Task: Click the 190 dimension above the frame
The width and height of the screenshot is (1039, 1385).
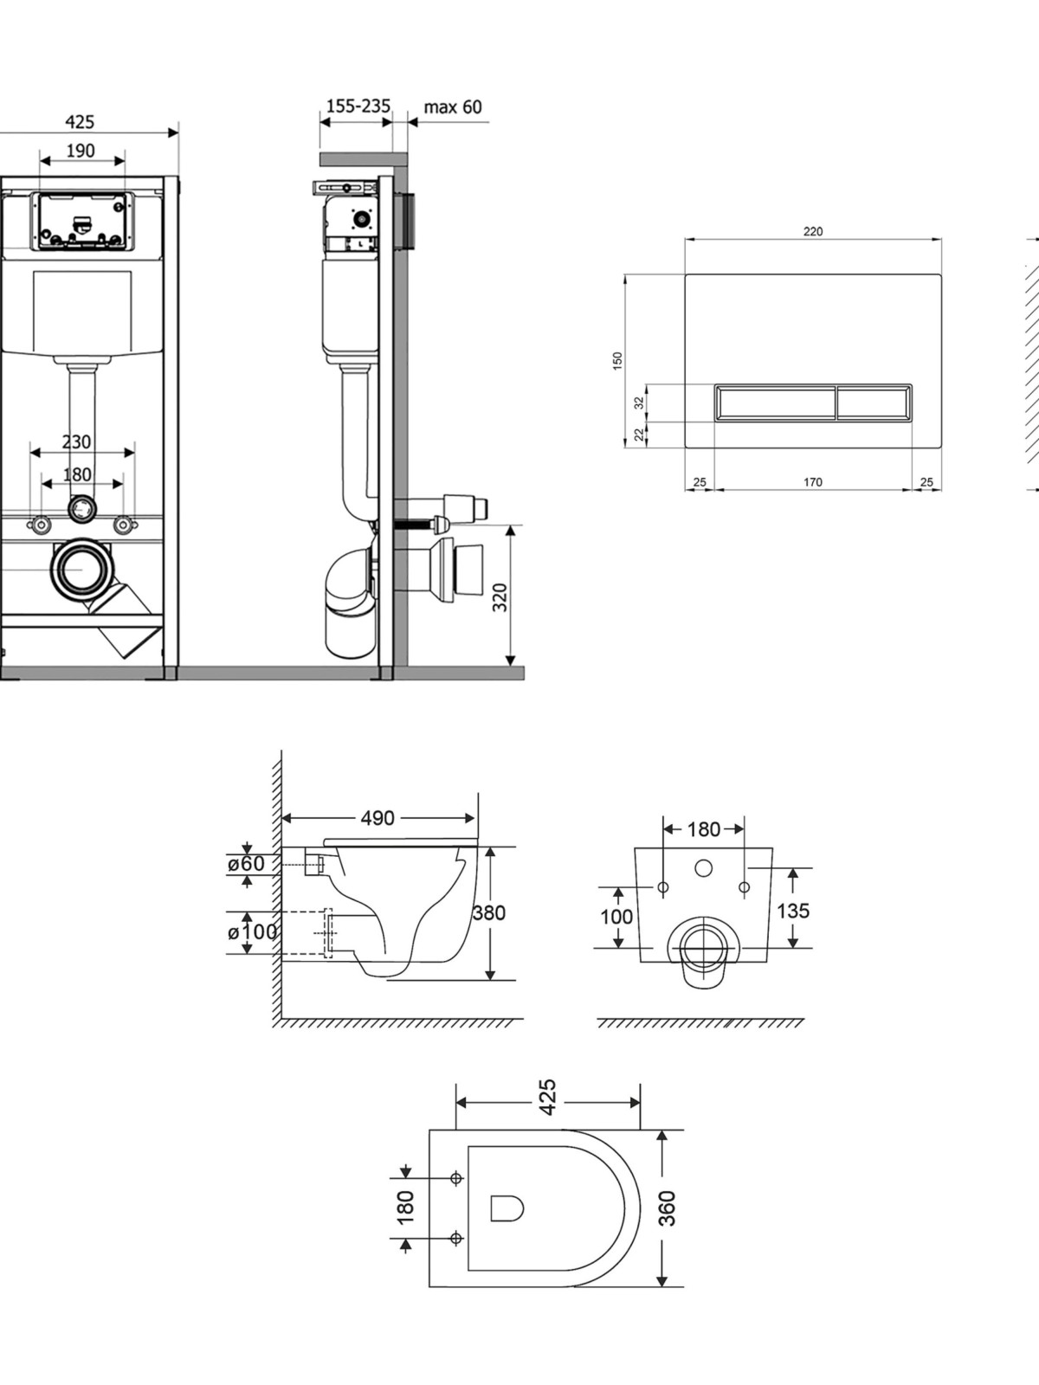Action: [x=81, y=151]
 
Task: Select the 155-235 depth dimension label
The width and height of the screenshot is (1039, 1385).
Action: [x=358, y=106]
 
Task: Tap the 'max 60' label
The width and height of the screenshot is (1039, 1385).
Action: [x=453, y=107]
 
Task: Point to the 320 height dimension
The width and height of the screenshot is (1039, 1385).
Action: [x=500, y=597]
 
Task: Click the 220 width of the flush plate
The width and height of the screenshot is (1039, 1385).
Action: [x=813, y=232]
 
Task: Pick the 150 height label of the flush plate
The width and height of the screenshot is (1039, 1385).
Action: [x=617, y=360]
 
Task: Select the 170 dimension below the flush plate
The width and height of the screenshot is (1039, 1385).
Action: [x=813, y=482]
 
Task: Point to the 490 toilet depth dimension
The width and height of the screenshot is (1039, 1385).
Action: [x=378, y=818]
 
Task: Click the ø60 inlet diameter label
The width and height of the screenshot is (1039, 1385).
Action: [x=246, y=864]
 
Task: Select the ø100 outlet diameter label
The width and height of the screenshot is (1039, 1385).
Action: [x=252, y=932]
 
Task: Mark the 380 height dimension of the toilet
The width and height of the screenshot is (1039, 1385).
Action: [x=489, y=912]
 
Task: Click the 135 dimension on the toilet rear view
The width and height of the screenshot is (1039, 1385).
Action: [x=793, y=911]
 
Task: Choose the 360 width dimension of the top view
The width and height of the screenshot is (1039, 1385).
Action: [x=666, y=1208]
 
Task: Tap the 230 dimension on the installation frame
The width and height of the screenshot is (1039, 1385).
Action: [x=76, y=441]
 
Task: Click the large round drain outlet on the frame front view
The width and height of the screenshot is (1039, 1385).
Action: [x=82, y=569]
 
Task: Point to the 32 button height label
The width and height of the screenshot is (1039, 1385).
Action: [x=639, y=403]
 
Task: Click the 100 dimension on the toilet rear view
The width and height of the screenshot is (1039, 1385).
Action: [x=616, y=916]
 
